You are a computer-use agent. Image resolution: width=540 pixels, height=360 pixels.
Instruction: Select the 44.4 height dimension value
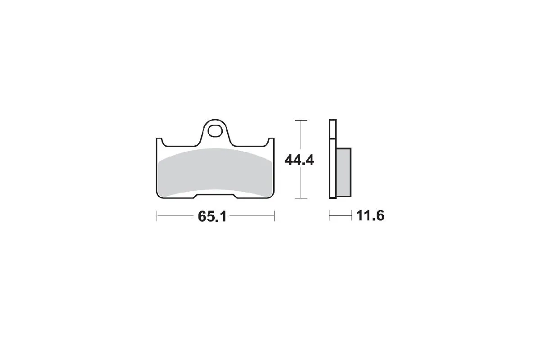[299, 160]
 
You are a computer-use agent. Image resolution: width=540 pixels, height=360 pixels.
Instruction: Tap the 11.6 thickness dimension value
[370, 216]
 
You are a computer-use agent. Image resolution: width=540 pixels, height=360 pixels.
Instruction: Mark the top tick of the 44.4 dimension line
[300, 121]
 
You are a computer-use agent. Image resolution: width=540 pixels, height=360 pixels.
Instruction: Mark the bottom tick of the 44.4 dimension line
[300, 198]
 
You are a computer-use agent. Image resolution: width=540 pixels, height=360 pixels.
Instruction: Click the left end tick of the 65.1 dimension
[157, 216]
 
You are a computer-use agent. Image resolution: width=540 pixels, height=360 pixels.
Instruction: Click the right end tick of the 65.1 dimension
[274, 216]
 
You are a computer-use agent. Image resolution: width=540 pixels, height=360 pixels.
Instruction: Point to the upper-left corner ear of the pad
[159, 141]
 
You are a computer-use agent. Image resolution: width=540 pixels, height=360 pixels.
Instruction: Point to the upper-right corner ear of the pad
[271, 141]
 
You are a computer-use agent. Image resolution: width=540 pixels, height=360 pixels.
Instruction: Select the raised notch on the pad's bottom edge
[215, 195]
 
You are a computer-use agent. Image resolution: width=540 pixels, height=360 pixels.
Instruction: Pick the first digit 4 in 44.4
[289, 160]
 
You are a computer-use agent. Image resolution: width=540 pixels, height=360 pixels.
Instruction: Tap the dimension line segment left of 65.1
[175, 216]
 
